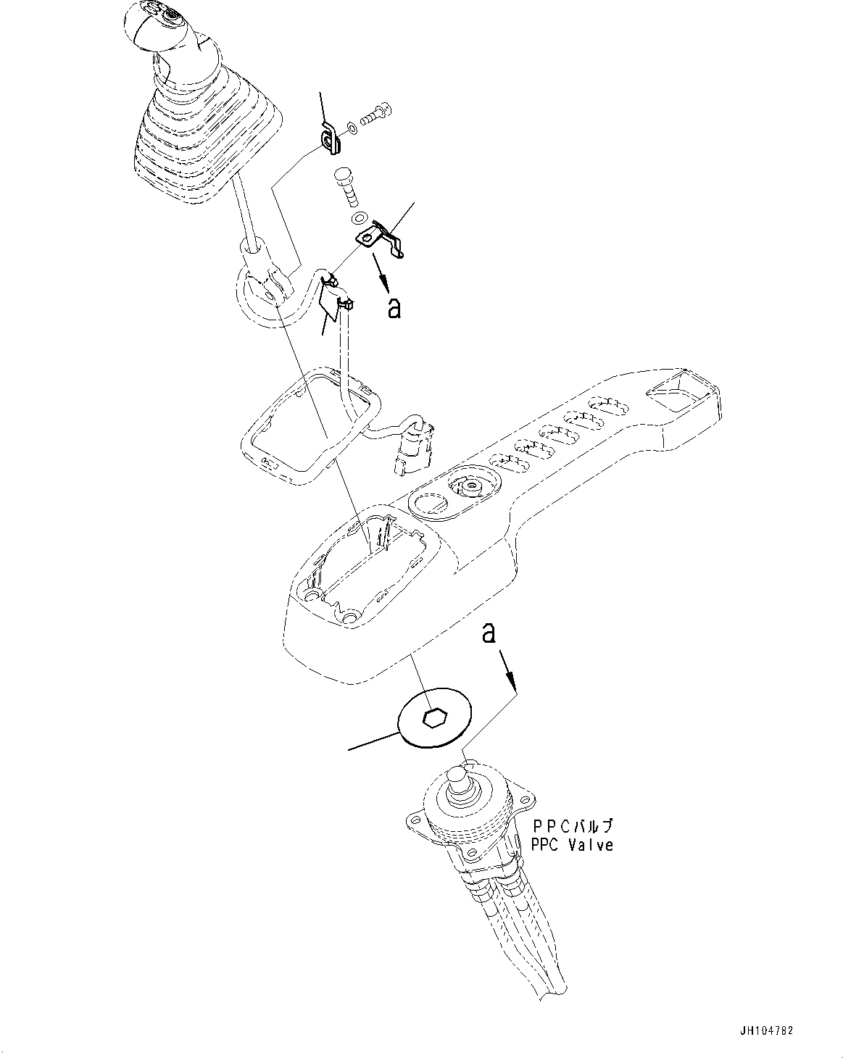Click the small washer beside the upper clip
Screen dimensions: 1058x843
point(352,129)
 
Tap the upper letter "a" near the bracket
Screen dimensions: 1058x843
point(394,307)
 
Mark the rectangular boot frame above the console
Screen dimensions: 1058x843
point(308,428)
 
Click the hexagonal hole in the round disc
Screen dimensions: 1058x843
point(434,718)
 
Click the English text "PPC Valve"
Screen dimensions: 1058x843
point(572,845)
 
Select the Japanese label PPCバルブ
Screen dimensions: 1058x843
point(573,826)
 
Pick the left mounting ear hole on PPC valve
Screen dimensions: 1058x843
point(416,821)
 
